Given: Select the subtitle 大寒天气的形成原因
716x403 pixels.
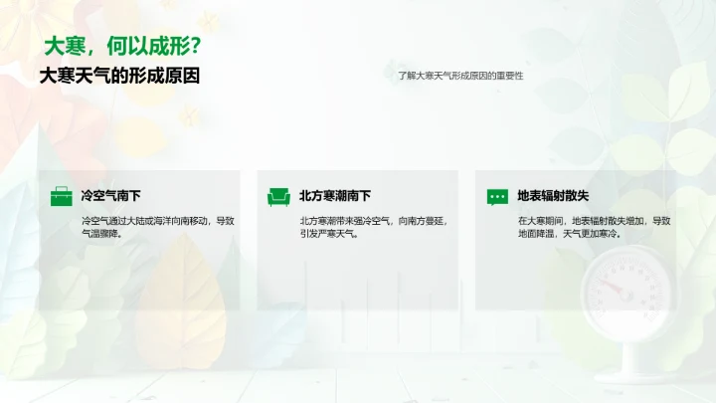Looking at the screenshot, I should point(119,76).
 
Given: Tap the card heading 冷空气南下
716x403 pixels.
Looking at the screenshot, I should point(110,196).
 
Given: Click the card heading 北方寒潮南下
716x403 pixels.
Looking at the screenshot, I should point(335,196).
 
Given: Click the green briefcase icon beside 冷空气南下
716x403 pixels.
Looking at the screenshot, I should point(62,197).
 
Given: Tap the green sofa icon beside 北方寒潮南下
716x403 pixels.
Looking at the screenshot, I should point(278,197).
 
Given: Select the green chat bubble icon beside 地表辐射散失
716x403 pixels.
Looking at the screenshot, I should point(497,197).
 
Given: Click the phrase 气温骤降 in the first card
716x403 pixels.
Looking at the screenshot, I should point(99,235).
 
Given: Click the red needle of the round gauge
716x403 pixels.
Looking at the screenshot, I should point(611,288).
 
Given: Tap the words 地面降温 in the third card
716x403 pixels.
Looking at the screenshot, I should point(537,235).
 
